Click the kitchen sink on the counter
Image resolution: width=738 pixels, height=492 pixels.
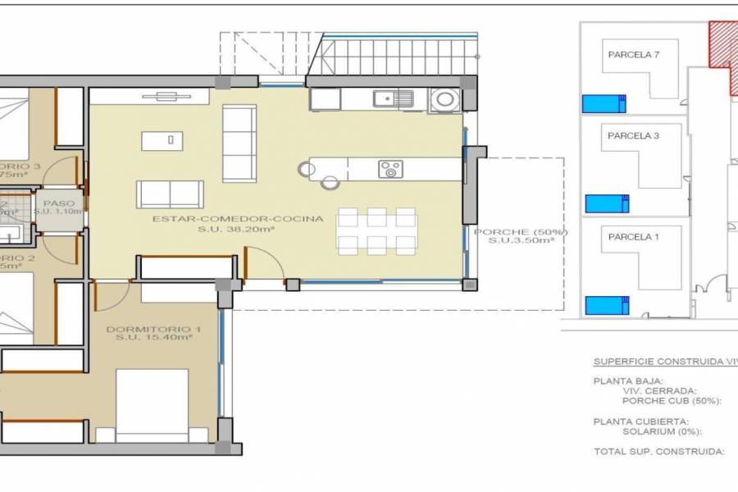[394, 99]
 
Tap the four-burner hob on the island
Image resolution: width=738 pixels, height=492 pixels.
[390, 170]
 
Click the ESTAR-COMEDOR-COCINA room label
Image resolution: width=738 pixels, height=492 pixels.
[238, 219]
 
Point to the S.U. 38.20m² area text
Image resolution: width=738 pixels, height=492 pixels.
[236, 230]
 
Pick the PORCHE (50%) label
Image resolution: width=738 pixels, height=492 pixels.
[521, 232]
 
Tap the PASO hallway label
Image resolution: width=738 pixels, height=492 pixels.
[59, 203]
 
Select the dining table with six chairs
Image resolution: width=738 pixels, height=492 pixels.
[377, 230]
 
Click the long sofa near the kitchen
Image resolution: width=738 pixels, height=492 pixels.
[239, 143]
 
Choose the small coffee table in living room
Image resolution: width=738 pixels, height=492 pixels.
[162, 140]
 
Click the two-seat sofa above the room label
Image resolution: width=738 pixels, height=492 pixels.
[170, 194]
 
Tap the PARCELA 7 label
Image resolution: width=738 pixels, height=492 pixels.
[633, 55]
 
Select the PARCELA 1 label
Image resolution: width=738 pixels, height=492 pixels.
[633, 237]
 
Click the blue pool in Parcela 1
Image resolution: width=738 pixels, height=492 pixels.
[607, 305]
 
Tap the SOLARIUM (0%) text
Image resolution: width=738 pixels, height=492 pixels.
[660, 431]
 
